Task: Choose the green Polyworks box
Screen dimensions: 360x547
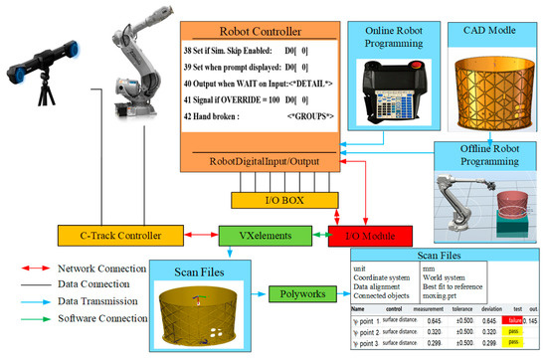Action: point(299,296)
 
